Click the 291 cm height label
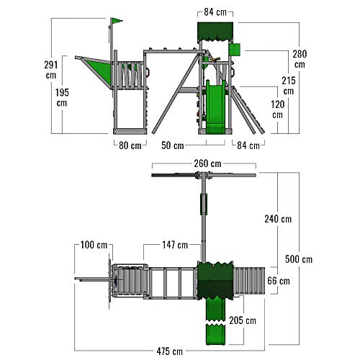point(51,70)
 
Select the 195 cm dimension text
point(62,97)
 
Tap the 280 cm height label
point(300,59)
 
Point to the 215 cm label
point(289,86)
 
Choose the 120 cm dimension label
point(278,109)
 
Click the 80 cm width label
point(130,145)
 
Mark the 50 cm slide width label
point(173,145)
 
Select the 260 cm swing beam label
point(207,163)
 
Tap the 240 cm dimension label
point(278,219)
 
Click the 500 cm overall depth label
point(299,259)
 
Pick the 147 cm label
point(175,245)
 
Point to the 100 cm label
point(94,245)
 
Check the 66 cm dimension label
point(279,281)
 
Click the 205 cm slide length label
point(243,320)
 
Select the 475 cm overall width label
point(170,351)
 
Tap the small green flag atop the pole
point(117,21)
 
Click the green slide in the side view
point(216,107)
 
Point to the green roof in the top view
point(215,281)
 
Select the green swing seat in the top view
point(204,204)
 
